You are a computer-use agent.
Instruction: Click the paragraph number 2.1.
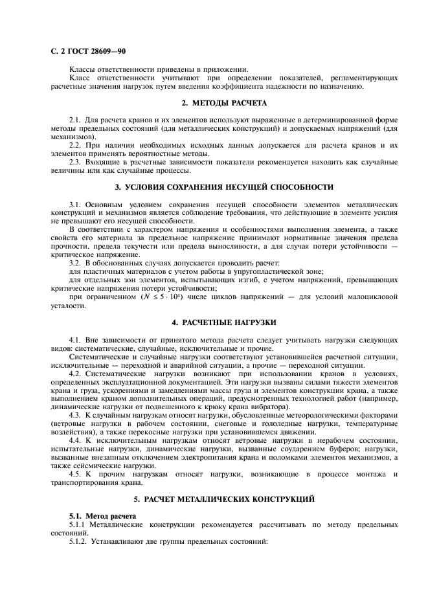click(x=75, y=120)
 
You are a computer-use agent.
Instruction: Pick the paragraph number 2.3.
click(x=75, y=163)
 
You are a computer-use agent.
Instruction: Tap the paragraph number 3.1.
click(x=75, y=205)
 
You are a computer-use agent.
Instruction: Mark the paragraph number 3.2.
click(x=75, y=264)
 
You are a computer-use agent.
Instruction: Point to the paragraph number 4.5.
click(x=75, y=475)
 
